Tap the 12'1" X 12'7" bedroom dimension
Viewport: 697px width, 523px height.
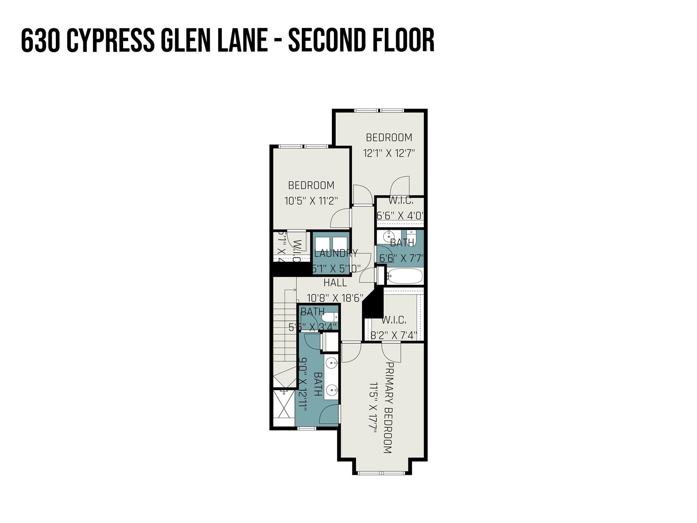pyautogui.click(x=389, y=153)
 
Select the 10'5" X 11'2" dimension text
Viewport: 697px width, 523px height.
pyautogui.click(x=311, y=201)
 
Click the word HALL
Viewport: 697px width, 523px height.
pyautogui.click(x=335, y=283)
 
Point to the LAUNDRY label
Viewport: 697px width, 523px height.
pyautogui.click(x=336, y=253)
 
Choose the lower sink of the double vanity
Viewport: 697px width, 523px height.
pyautogui.click(x=331, y=389)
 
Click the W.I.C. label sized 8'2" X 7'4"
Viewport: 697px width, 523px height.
pyautogui.click(x=394, y=320)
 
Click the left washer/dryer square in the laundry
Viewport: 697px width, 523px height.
pyautogui.click(x=322, y=244)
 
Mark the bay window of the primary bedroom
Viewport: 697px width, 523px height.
pyautogui.click(x=382, y=473)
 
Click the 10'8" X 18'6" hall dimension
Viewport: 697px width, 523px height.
pyautogui.click(x=335, y=298)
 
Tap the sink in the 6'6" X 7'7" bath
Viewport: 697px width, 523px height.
pyautogui.click(x=388, y=236)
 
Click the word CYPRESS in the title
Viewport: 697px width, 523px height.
pyautogui.click(x=110, y=41)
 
